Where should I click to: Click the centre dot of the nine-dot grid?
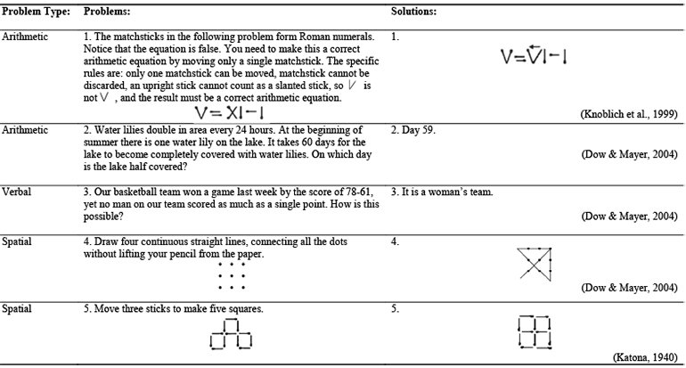click(232, 276)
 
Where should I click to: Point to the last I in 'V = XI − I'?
click(264, 113)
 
